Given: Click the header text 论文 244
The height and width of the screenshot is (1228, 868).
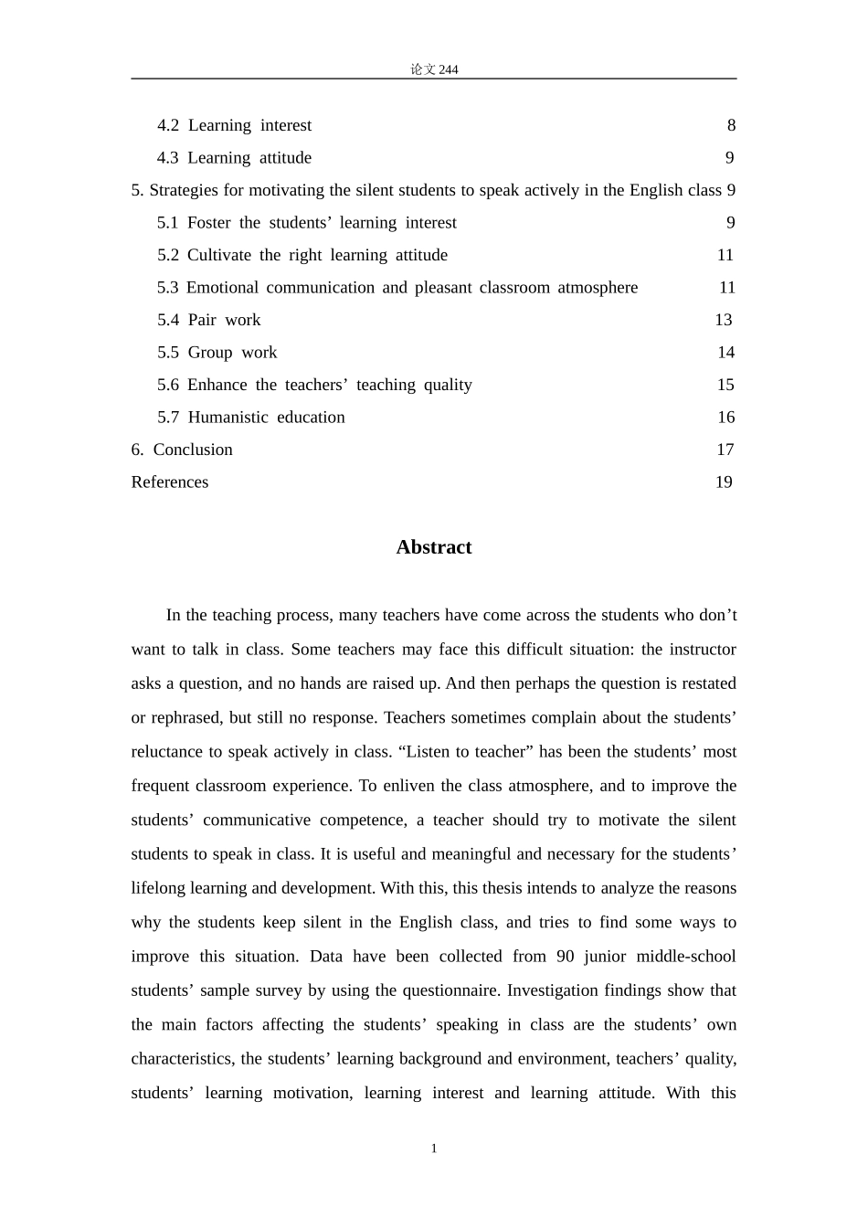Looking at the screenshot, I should click(x=434, y=69).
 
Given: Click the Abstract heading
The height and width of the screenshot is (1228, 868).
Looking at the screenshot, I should click(x=434, y=547).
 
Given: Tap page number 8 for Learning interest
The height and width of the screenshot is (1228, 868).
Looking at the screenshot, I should click(x=731, y=125).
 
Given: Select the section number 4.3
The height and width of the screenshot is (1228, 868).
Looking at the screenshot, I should click(x=167, y=158).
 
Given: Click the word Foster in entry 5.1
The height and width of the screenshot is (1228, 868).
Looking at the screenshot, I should click(x=208, y=223).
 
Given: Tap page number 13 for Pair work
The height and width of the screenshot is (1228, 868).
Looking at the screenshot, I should click(x=723, y=320).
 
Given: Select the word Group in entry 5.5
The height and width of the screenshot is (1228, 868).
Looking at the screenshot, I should click(x=210, y=353).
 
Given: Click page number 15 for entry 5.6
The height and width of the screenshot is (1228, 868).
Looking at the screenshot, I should click(x=725, y=385).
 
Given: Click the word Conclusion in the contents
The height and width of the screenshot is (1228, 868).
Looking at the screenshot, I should click(x=193, y=450).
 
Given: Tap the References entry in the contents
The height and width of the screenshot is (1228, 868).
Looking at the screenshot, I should click(x=170, y=482).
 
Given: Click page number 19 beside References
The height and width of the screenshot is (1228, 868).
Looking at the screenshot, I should click(x=724, y=482).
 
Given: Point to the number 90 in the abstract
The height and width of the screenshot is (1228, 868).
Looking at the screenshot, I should click(x=565, y=957).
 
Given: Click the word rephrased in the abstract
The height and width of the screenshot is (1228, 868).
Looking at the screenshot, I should click(x=183, y=718).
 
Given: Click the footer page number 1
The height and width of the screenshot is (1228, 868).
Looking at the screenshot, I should click(x=434, y=1149).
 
